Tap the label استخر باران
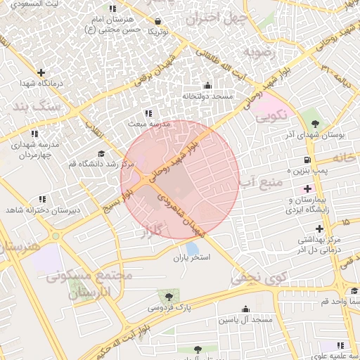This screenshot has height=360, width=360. pyautogui.click(x=192, y=258)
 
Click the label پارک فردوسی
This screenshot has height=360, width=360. pyautogui.click(x=169, y=308)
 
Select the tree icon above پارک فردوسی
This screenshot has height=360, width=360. pyautogui.click(x=169, y=296)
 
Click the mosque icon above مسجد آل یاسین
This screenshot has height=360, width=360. pyautogui.click(x=245, y=309)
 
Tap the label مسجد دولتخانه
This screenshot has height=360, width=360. pyautogui.click(x=207, y=96)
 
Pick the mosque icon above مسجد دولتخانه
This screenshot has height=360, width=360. pyautogui.click(x=207, y=85)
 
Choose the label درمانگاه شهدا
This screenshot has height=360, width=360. pyautogui.click(x=41, y=84)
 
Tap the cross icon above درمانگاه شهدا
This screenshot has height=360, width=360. pyautogui.click(x=41, y=72)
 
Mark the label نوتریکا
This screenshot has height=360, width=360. pyautogui.click(x=157, y=32)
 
